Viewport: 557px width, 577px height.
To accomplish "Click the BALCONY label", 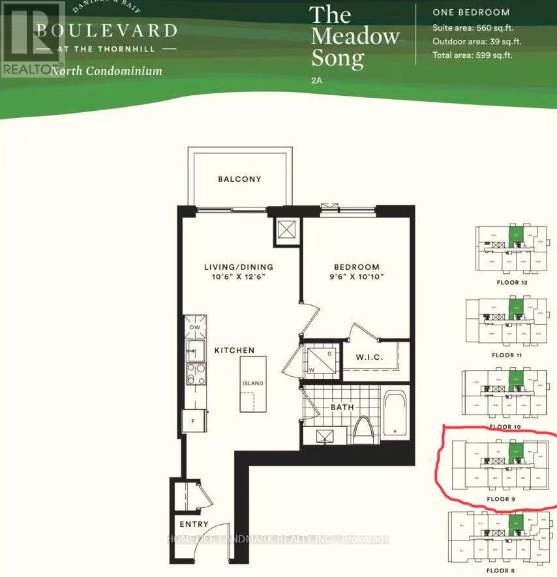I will pos(239,179).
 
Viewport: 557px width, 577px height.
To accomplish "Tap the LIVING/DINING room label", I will pos(238,267).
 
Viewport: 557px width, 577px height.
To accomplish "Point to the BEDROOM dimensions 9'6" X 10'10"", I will pos(356,277).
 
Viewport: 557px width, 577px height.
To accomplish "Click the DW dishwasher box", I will pos(194,327).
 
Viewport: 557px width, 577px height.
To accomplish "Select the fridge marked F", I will pos(194,421).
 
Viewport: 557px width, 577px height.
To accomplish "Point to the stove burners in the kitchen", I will pos(194,374).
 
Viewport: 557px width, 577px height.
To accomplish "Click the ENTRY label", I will pos(194,524).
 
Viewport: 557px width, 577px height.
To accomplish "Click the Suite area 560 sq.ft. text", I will pos(472,28).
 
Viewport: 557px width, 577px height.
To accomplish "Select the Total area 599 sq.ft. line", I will pos(472,55).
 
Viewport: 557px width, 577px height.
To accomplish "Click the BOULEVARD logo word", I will pos(106,30).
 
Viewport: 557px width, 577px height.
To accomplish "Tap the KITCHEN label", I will pos(234,350).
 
